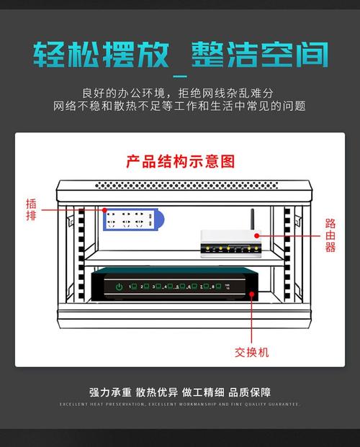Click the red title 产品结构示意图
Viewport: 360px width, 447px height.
(180, 161)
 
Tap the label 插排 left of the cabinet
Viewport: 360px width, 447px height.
(30, 209)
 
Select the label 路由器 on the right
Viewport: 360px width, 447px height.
(330, 235)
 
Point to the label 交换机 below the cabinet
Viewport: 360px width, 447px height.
(251, 352)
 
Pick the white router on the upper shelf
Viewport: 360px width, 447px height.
(229, 243)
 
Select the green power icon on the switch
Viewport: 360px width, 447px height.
(119, 287)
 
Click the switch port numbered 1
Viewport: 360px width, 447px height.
(132, 286)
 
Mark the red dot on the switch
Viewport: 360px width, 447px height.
(251, 294)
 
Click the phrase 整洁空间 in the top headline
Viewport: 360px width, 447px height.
(259, 55)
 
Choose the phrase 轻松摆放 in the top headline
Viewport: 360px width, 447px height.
(101, 55)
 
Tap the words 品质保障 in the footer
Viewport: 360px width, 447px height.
(250, 392)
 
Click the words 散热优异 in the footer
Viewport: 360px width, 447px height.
(157, 392)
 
